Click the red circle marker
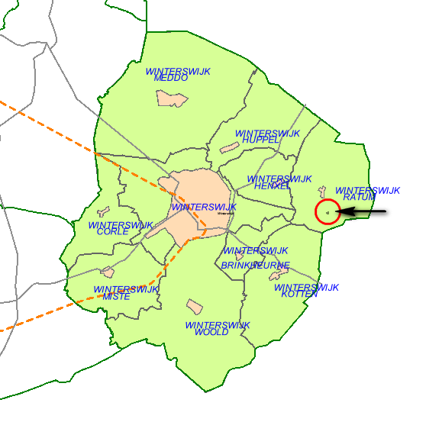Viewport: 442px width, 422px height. click(x=327, y=211)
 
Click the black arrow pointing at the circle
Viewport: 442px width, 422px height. click(x=363, y=211)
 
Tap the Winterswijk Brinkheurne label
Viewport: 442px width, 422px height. click(x=255, y=258)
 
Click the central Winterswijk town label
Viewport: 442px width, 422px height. click(x=204, y=207)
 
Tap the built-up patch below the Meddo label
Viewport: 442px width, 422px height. click(x=171, y=98)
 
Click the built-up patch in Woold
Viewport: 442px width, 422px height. click(x=195, y=306)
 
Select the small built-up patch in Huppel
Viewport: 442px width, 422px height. click(x=229, y=147)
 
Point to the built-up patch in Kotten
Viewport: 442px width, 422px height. click(x=279, y=270)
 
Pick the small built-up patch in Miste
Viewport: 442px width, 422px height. click(x=108, y=272)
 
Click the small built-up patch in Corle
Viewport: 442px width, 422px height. click(x=104, y=211)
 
